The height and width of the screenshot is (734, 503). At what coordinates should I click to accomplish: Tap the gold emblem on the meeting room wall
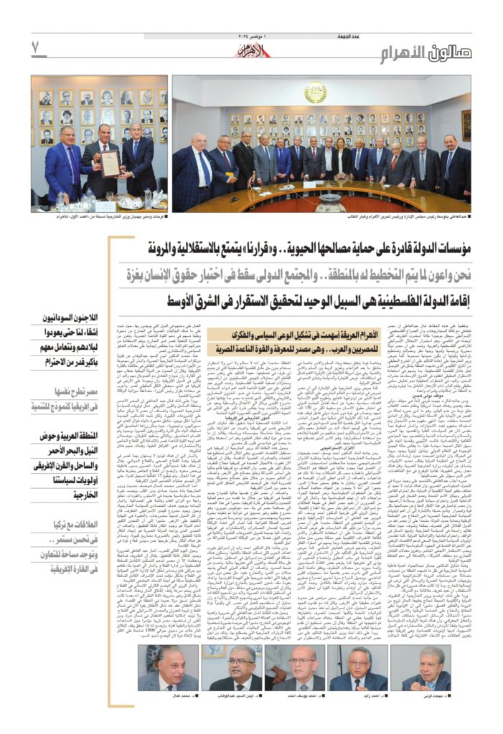click(315, 94)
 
